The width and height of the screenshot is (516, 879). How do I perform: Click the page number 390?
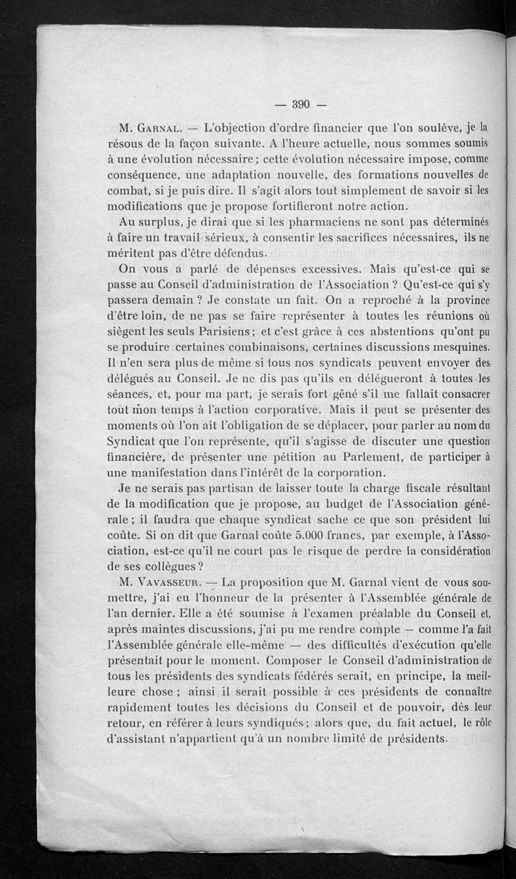302,104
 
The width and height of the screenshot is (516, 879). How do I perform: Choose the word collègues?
163,566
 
